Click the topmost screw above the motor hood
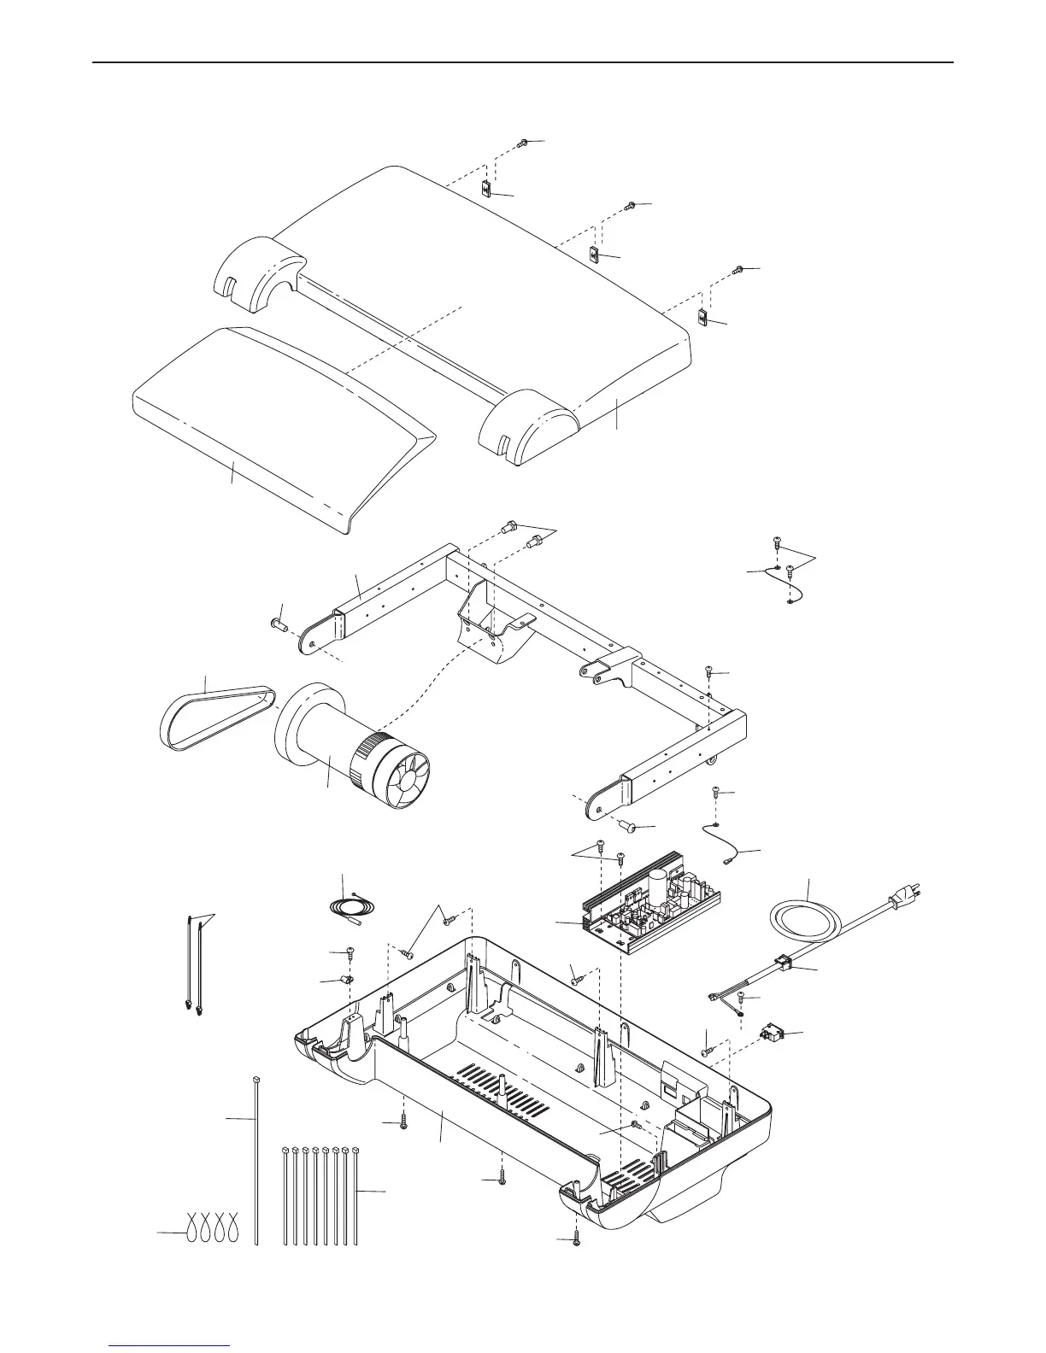pyautogui.click(x=523, y=143)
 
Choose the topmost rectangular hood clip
pyautogui.click(x=485, y=189)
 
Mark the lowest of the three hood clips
pyautogui.click(x=702, y=319)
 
